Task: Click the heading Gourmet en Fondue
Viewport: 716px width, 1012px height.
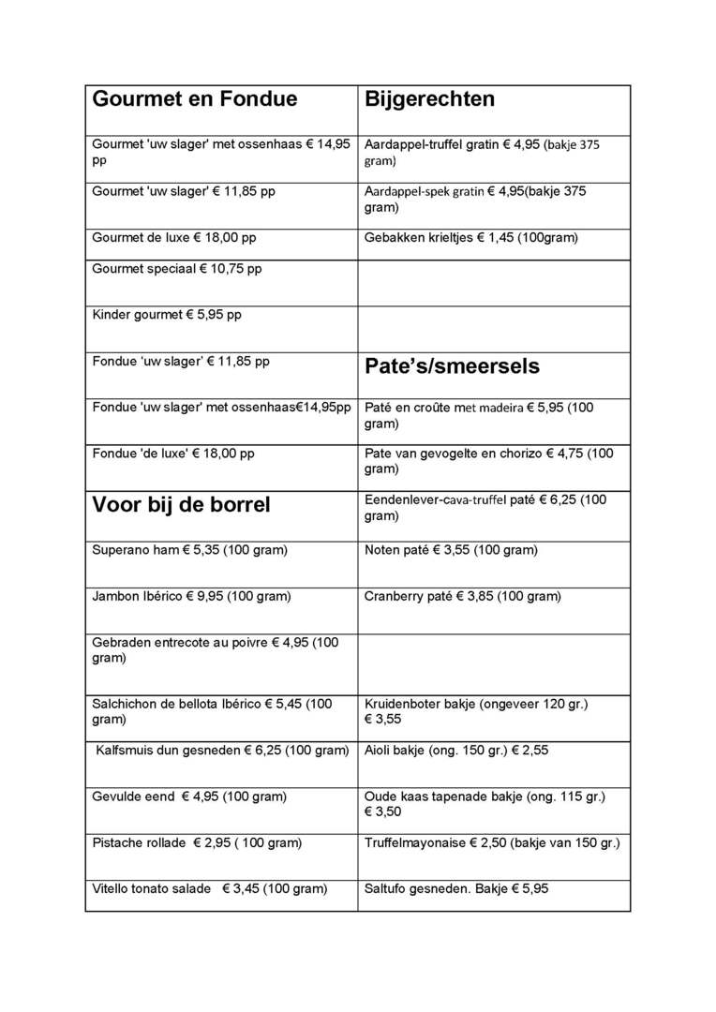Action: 194,99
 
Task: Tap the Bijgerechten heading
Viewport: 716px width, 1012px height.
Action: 429,99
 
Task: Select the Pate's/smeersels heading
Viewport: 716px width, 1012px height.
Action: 452,366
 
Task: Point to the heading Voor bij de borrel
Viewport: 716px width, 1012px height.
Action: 181,505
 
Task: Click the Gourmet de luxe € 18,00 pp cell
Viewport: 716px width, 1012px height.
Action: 173,238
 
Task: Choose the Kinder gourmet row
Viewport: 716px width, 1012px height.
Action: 166,315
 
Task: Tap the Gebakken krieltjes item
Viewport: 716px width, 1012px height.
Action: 470,238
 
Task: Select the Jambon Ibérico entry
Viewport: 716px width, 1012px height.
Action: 191,596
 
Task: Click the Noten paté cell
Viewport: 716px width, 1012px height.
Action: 450,550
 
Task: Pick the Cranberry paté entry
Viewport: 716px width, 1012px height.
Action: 462,596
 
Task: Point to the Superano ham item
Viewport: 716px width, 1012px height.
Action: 189,550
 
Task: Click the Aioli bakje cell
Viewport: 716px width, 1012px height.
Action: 456,751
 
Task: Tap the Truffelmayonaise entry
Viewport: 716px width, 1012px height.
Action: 491,842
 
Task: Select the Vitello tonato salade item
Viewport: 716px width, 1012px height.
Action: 209,888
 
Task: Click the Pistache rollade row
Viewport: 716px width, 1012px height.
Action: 197,842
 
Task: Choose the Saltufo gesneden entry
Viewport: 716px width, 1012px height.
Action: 455,888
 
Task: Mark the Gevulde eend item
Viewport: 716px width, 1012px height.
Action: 189,796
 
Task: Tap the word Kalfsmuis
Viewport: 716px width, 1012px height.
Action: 127,751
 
